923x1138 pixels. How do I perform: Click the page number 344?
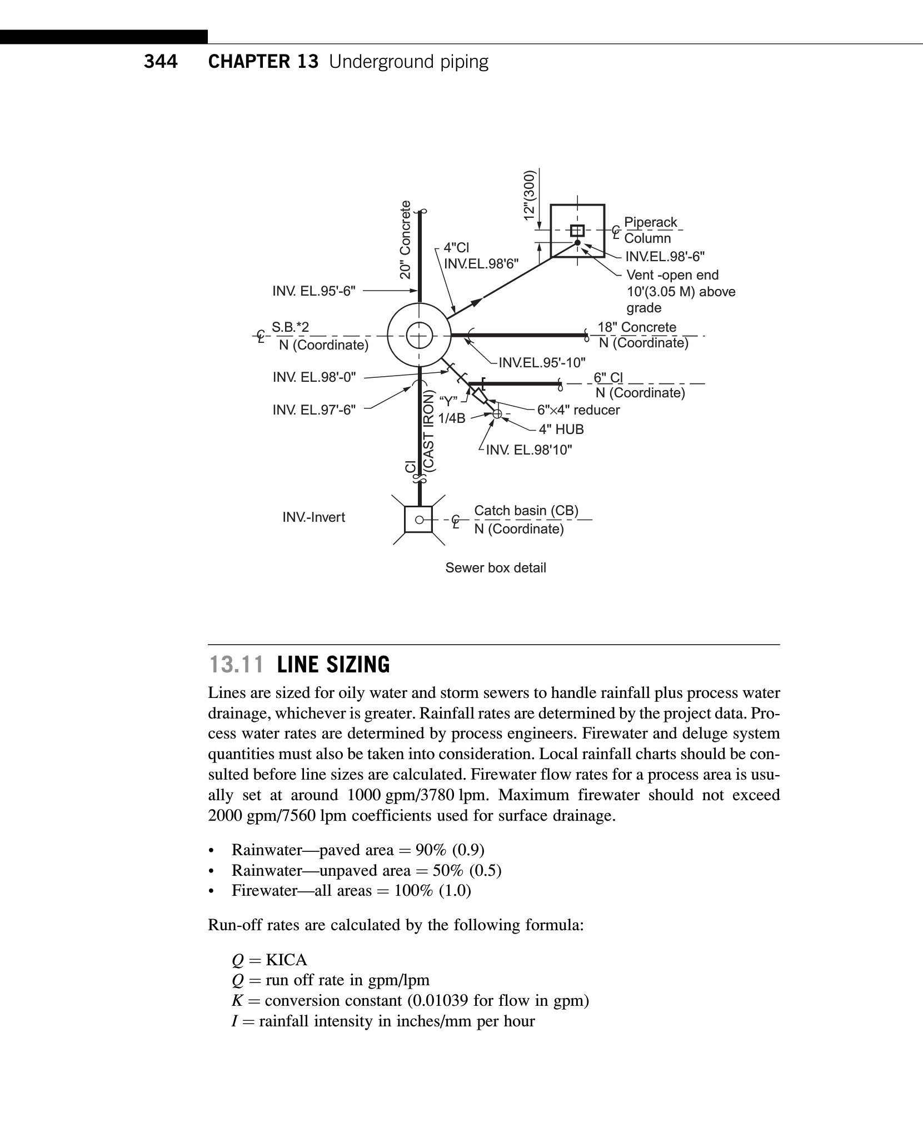pyautogui.click(x=161, y=62)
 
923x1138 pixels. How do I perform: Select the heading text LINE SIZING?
pyautogui.click(x=333, y=665)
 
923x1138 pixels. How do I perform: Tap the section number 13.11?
pyautogui.click(x=236, y=665)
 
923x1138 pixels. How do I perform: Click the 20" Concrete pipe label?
pyautogui.click(x=406, y=239)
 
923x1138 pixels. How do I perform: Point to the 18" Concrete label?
pyautogui.click(x=637, y=327)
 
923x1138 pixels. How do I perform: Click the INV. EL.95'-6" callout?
pyautogui.click(x=314, y=291)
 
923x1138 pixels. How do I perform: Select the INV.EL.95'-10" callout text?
pyautogui.click(x=542, y=363)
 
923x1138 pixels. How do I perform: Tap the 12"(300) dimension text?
pyautogui.click(x=530, y=194)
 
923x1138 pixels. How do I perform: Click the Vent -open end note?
pyautogui.click(x=672, y=275)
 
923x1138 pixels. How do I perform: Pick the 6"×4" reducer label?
pyautogui.click(x=578, y=410)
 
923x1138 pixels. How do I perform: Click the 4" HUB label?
pyautogui.click(x=561, y=430)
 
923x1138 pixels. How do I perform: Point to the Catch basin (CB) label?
pyautogui.click(x=526, y=511)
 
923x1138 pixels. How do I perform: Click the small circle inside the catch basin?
pyautogui.click(x=420, y=520)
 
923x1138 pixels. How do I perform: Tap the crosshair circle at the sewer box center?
pyautogui.click(x=419, y=336)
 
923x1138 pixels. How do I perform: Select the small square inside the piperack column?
pyautogui.click(x=577, y=230)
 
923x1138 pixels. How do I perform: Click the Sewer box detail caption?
pyautogui.click(x=496, y=568)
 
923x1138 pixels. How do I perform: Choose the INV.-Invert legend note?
pyautogui.click(x=313, y=517)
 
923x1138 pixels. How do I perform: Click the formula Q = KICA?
pyautogui.click(x=270, y=960)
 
